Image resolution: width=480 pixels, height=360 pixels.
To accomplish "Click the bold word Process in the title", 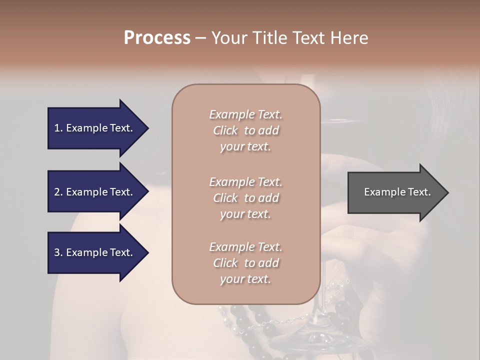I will pos(157,38).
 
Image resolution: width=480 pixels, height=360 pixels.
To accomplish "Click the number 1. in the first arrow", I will pos(58,128).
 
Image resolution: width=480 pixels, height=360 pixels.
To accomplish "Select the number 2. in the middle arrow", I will pos(58,192).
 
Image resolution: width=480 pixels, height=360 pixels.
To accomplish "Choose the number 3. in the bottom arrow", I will pos(58,253).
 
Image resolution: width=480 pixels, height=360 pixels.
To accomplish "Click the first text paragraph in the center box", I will pos(245,130).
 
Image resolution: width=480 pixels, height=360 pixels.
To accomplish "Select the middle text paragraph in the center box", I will pos(245,198).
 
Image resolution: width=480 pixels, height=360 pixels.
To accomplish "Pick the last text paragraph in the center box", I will pos(245,263).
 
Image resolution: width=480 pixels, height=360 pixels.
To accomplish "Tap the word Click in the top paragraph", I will pos(225,131).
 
